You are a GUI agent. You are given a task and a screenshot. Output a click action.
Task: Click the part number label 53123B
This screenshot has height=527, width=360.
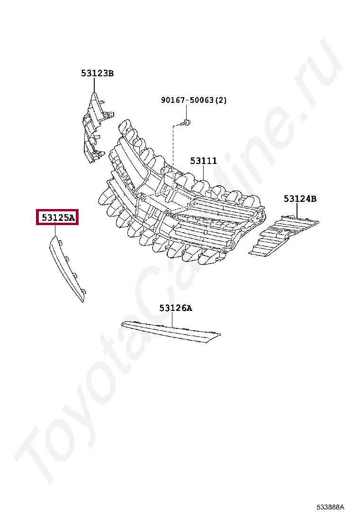coord(97,73)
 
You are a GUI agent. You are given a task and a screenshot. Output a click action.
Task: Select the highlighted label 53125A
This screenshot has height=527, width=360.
coord(58,218)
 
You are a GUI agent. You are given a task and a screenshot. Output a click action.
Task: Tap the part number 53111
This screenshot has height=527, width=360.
coord(204,161)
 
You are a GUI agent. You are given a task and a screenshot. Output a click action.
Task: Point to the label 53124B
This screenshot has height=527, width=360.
coord(300,199)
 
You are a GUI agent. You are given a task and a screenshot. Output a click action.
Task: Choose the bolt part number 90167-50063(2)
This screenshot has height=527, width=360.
coord(194,100)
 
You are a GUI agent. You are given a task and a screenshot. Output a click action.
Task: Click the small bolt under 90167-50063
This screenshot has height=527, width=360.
coord(187,123)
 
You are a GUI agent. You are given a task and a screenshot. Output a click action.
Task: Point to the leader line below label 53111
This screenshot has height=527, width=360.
coord(204,173)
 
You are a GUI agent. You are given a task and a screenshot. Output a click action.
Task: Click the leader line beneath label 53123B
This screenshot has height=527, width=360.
coord(94,85)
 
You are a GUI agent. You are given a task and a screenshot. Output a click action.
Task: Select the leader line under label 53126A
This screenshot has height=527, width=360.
coord(172,320)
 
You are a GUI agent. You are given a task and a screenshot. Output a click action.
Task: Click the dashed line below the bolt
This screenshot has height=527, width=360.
coord(173,152)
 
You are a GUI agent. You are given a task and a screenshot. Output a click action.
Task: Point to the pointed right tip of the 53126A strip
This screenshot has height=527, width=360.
coord(219,336)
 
